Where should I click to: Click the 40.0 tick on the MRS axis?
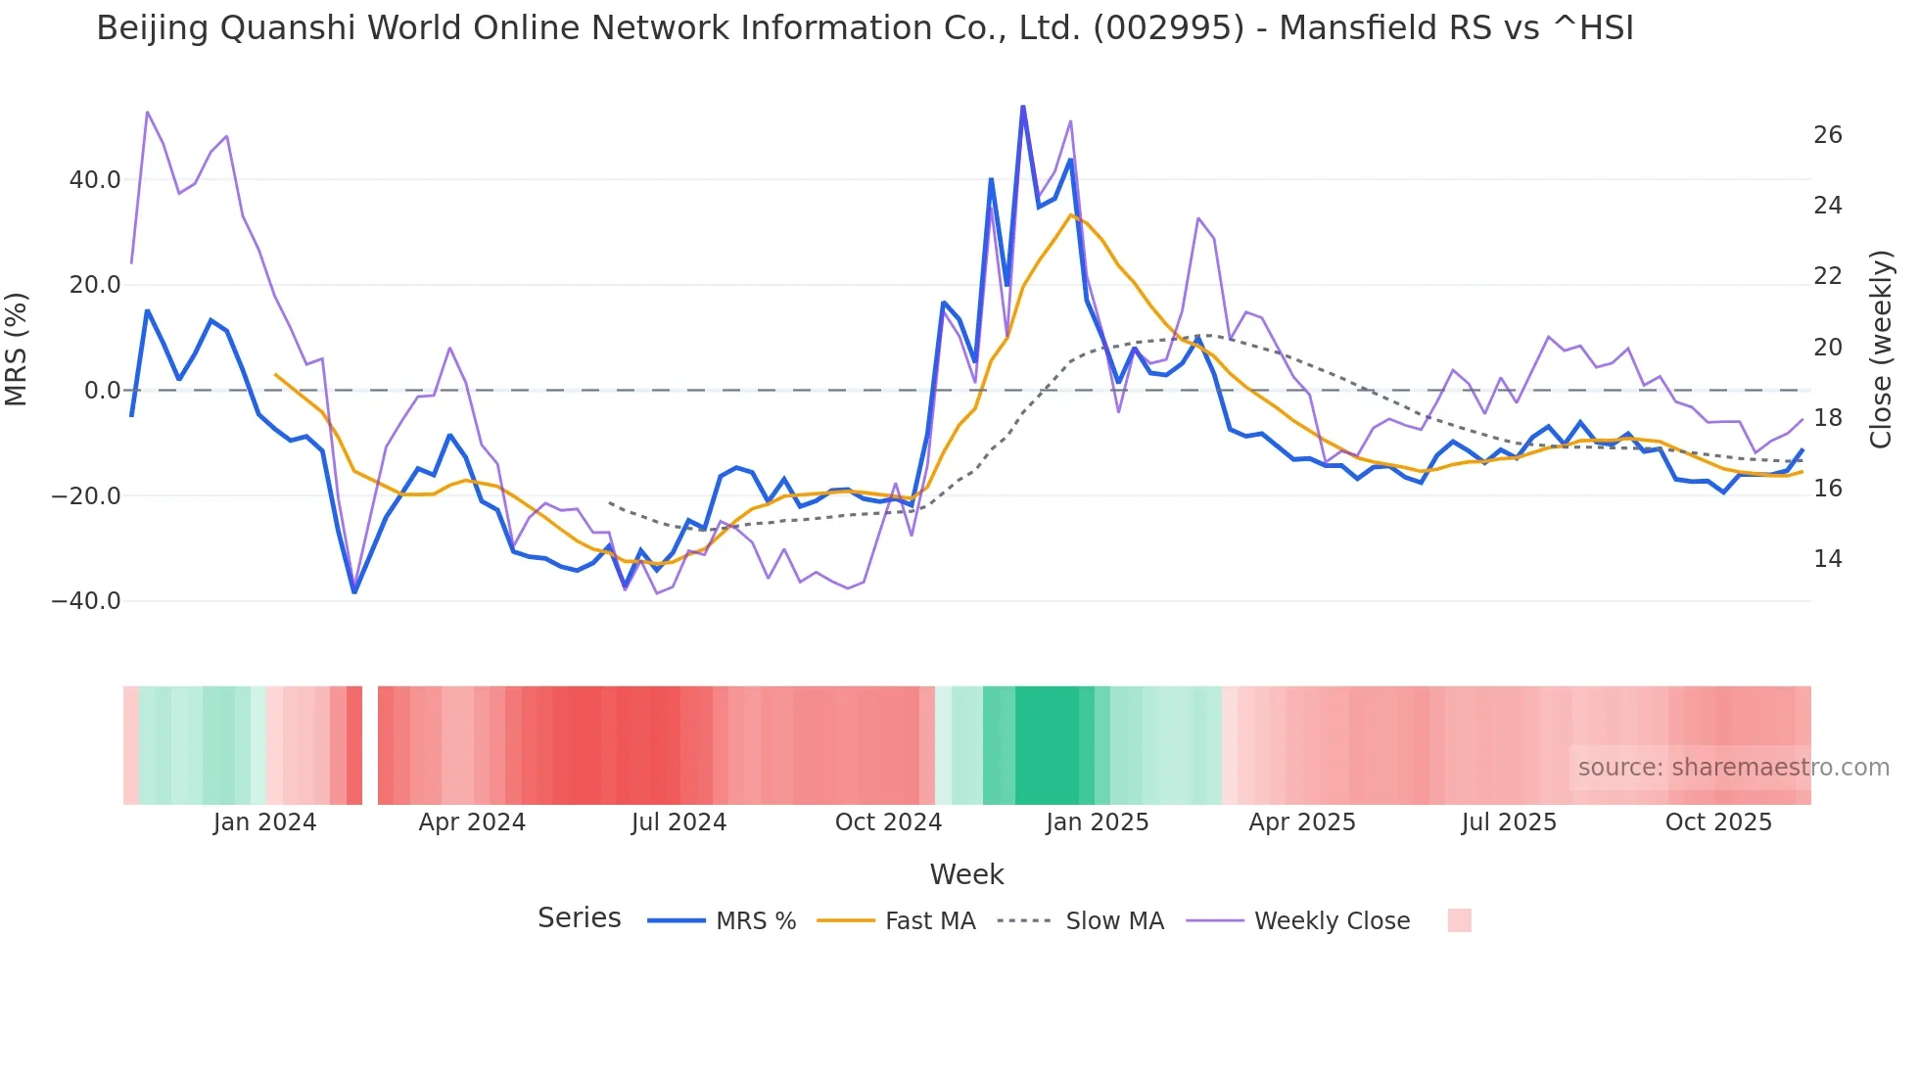(95, 180)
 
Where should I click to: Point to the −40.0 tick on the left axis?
(86, 601)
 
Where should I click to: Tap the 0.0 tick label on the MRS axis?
(103, 391)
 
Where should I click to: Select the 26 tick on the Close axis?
(1828, 135)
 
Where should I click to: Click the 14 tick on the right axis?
(1828, 559)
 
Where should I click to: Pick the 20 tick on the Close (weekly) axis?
(1828, 348)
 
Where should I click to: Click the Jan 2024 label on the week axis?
(264, 822)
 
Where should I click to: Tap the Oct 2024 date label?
(888, 822)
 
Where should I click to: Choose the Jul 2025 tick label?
(1509, 822)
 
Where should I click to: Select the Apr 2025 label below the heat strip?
(1302, 822)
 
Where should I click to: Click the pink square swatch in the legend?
(1459, 920)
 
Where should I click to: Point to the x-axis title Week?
(966, 874)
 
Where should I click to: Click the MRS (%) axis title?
(17, 349)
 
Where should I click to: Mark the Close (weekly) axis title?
(1881, 349)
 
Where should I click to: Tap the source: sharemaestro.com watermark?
(1733, 768)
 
